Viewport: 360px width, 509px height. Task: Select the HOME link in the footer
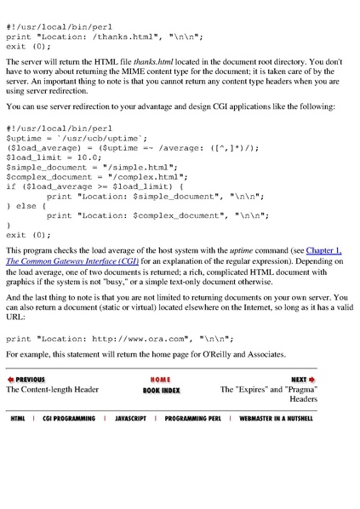click(x=160, y=380)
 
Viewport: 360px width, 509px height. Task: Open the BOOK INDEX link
click(x=161, y=390)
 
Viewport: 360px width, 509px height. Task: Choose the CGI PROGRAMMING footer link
click(x=69, y=419)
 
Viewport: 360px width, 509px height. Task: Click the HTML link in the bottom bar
click(x=18, y=419)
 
